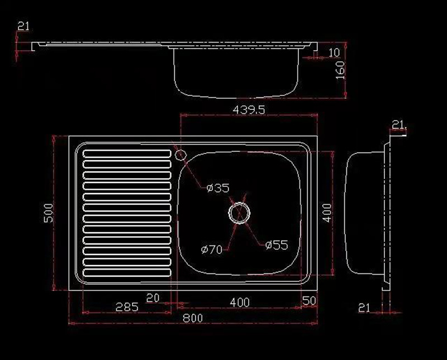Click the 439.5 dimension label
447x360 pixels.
pyautogui.click(x=249, y=109)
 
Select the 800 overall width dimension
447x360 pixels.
pyautogui.click(x=193, y=318)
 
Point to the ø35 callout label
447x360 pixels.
pyautogui.click(x=218, y=188)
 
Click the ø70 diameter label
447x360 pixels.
pyautogui.click(x=212, y=250)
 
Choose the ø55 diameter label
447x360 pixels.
pyautogui.click(x=277, y=245)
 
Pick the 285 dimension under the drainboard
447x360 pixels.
pyautogui.click(x=127, y=307)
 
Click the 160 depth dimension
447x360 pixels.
pyautogui.click(x=340, y=70)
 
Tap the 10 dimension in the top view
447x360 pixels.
pyautogui.click(x=334, y=52)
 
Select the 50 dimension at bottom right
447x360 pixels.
pyautogui.click(x=309, y=301)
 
